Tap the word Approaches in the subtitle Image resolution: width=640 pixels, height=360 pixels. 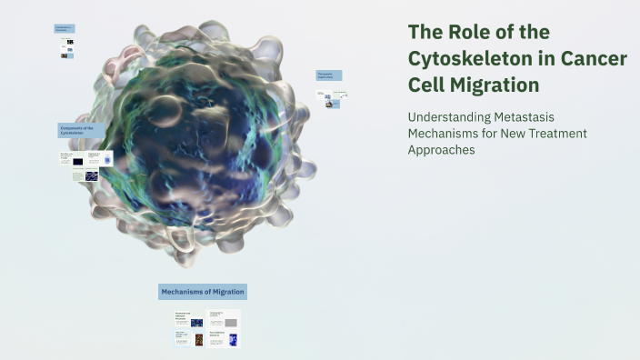point(442,150)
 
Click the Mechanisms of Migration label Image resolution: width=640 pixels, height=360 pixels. point(203,292)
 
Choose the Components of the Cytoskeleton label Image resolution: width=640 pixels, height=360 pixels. point(81,131)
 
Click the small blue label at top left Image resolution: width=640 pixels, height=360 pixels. point(64,29)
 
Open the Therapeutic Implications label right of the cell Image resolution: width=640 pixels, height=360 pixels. point(328,75)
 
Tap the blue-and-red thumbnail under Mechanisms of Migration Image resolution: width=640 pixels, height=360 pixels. point(196,322)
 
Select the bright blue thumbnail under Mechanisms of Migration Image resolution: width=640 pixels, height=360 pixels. point(233,340)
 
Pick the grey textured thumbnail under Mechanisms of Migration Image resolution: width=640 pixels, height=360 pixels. point(233,322)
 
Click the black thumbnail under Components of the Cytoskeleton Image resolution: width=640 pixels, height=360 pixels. point(77,161)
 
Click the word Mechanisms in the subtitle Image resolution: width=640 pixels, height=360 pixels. point(441,134)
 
